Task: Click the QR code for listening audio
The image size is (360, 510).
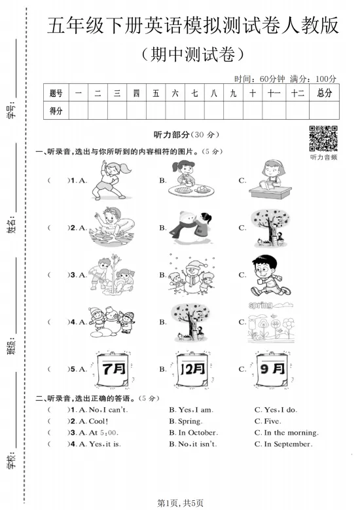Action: point(323,137)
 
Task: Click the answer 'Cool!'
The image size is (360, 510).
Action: point(98,421)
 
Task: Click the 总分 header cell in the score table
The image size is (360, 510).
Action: point(324,94)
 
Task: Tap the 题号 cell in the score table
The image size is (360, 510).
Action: point(56,94)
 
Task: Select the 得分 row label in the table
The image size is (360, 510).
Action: point(56,111)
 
